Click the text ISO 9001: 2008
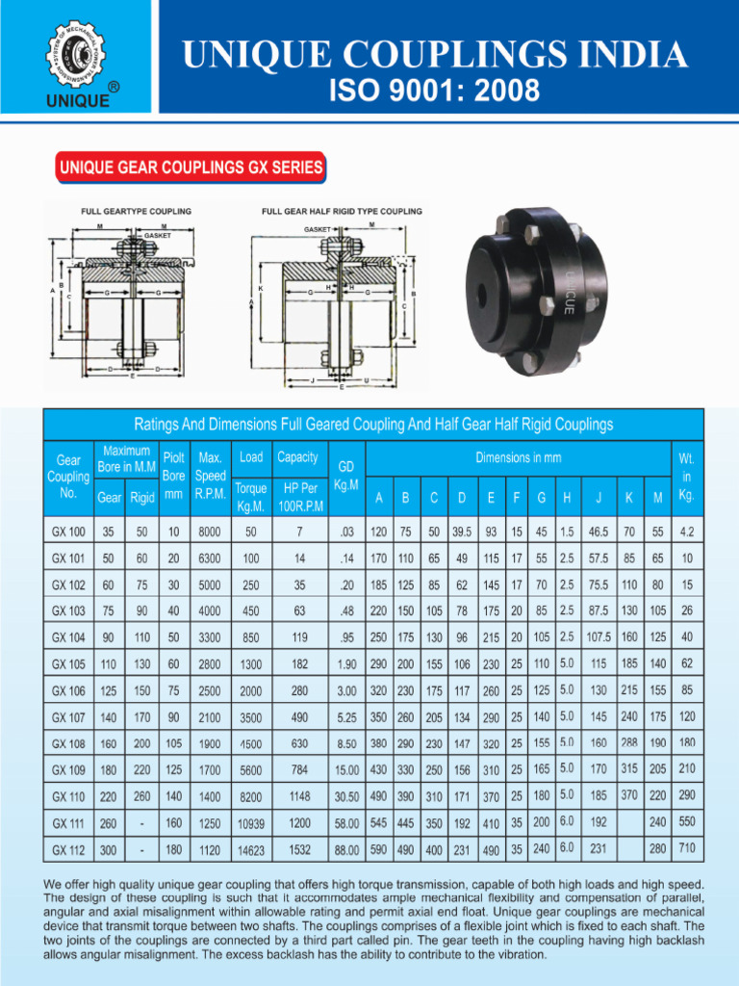click(435, 92)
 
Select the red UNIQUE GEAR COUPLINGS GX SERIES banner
click(191, 168)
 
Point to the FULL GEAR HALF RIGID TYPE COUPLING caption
click(342, 211)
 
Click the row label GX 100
click(68, 532)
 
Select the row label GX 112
click(68, 851)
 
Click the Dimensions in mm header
click(519, 457)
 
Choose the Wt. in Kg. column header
click(686, 476)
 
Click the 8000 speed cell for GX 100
click(209, 532)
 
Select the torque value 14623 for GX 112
click(251, 851)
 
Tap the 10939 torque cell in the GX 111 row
click(251, 824)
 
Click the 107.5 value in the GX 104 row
click(599, 636)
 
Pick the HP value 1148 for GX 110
click(300, 795)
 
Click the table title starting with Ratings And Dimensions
click(373, 424)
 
